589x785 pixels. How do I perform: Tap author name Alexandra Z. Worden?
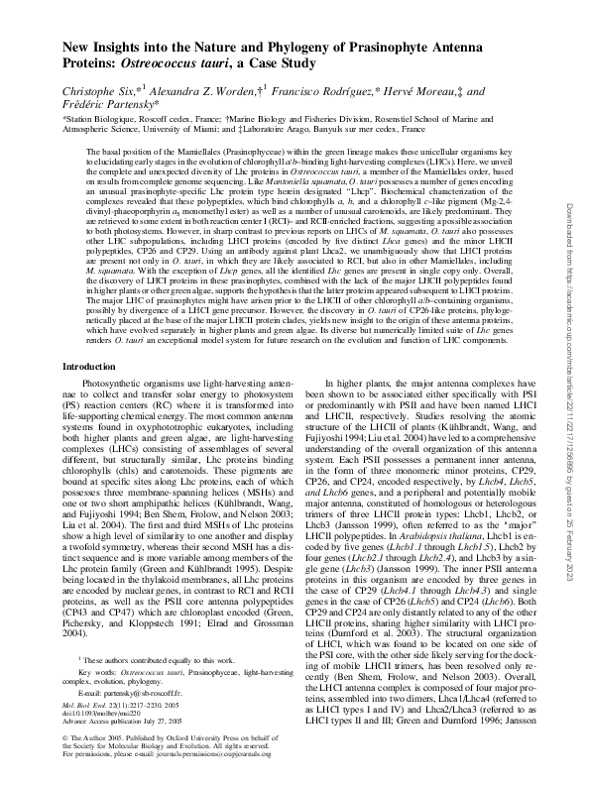201,89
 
